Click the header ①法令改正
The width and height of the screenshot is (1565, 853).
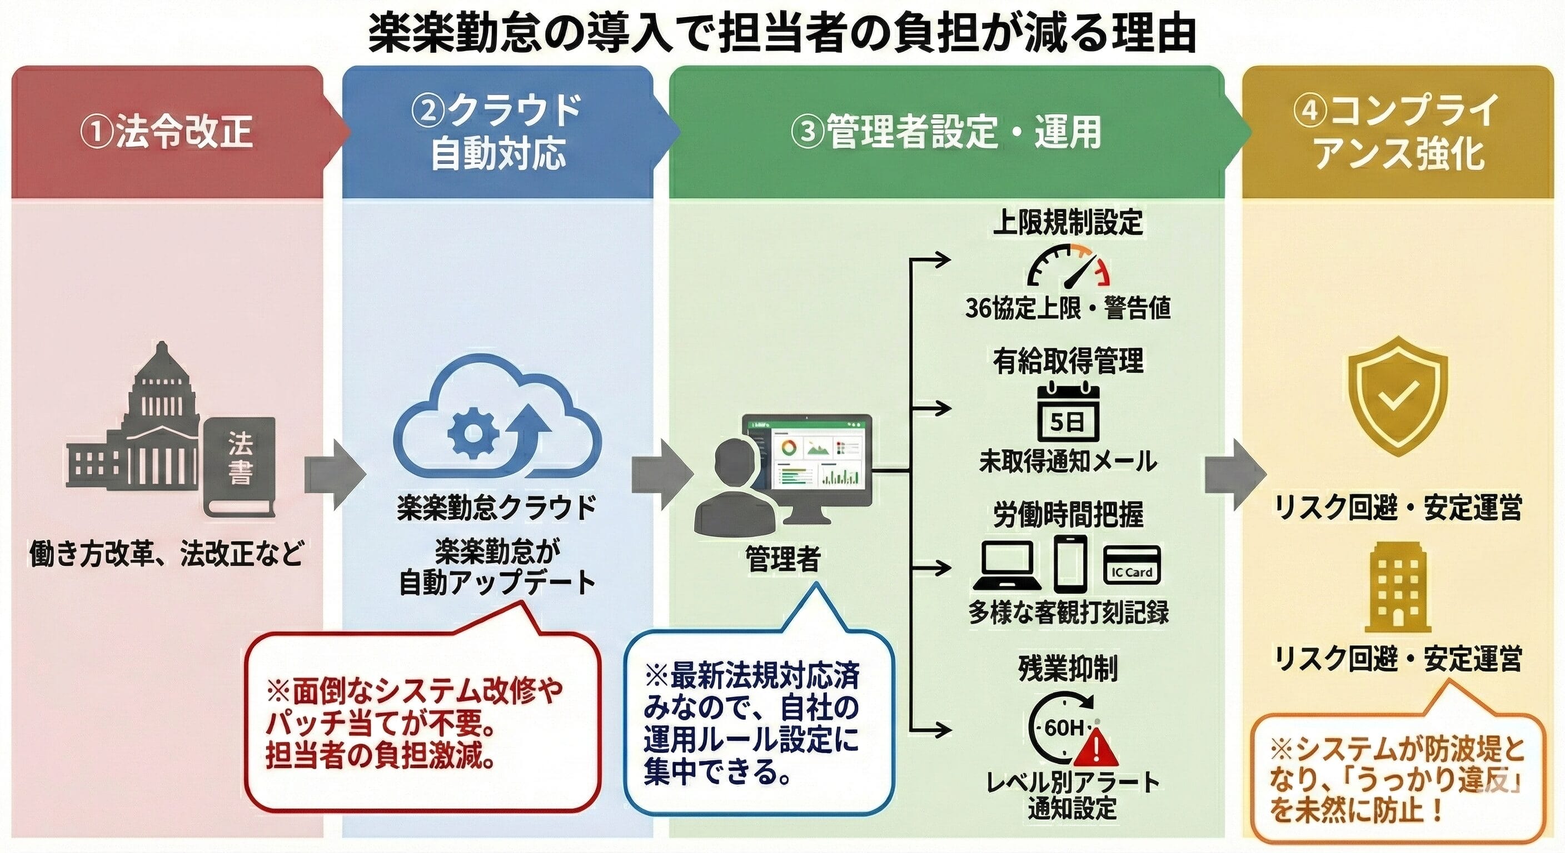point(167,132)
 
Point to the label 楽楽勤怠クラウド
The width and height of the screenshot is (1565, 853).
point(497,508)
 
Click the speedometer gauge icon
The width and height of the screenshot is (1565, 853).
point(1068,267)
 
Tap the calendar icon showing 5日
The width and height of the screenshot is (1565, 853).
point(1068,412)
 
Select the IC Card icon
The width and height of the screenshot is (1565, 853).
point(1131,565)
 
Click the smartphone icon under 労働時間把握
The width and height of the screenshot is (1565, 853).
point(1070,563)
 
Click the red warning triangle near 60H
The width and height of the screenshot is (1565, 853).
point(1095,749)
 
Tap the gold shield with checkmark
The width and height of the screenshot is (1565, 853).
point(1397,396)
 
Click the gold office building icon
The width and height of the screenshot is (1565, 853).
point(1397,587)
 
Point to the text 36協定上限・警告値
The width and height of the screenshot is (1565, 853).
point(1068,308)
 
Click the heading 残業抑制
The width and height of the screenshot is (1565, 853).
point(1068,669)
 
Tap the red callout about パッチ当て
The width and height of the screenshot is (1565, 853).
point(422,722)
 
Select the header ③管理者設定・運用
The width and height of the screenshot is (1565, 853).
point(946,132)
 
